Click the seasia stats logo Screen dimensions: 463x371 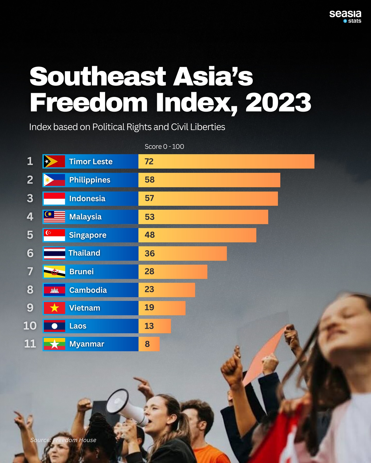click(x=345, y=16)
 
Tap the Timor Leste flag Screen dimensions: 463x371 click(x=54, y=162)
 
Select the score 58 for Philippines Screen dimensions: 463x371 click(x=149, y=180)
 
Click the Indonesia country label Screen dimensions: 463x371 click(x=87, y=199)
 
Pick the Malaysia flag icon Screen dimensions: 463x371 click(x=54, y=217)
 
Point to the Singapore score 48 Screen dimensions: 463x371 click(x=150, y=235)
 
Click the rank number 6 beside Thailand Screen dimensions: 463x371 click(x=30, y=253)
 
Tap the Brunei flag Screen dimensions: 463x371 click(x=54, y=272)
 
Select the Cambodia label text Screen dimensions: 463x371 click(x=88, y=290)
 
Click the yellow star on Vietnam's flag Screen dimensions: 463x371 click(x=54, y=308)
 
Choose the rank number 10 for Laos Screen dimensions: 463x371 click(x=30, y=326)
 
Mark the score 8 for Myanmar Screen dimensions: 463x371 click(x=147, y=344)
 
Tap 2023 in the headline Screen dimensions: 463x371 click(x=278, y=103)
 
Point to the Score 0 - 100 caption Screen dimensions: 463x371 click(x=164, y=147)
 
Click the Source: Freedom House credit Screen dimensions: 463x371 click(x=63, y=440)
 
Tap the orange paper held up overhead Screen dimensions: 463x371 click(x=265, y=352)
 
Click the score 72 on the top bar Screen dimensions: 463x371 click(x=149, y=162)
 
